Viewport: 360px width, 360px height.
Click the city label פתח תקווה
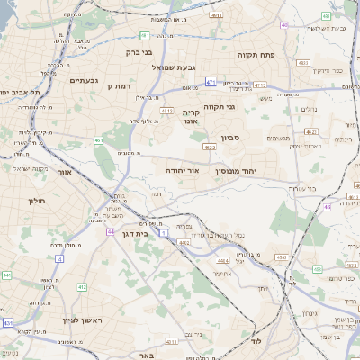pyautogui.click(x=255, y=55)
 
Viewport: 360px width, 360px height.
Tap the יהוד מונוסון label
pyautogui.click(x=237, y=169)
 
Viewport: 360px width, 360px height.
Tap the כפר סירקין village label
pyautogui.click(x=324, y=69)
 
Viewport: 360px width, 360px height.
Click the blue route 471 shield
pyautogui.click(x=209, y=81)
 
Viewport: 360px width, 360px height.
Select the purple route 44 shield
pyautogui.click(x=109, y=231)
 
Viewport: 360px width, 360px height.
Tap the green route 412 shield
pyautogui.click(x=82, y=286)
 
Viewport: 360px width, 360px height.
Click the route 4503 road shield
pyautogui.click(x=282, y=256)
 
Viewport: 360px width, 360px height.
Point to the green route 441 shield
pyautogui.click(x=6, y=274)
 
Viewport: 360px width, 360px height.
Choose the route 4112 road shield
pyautogui.click(x=166, y=110)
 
